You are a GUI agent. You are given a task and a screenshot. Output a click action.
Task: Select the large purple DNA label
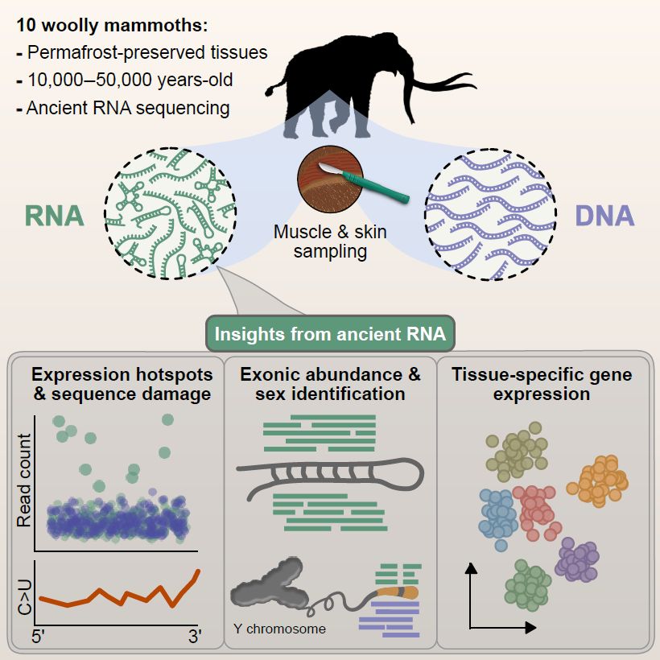click(x=604, y=216)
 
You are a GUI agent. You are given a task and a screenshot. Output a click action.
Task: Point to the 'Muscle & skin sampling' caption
click(x=330, y=241)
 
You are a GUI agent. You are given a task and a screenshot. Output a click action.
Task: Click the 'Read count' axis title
click(x=24, y=481)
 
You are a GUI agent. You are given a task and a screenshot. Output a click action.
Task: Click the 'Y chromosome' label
click(x=279, y=629)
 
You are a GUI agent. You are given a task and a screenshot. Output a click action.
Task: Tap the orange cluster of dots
click(x=598, y=481)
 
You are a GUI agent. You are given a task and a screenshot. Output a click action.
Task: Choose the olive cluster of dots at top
click(x=516, y=453)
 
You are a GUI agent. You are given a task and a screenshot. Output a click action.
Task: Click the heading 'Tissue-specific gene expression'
click(x=542, y=385)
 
